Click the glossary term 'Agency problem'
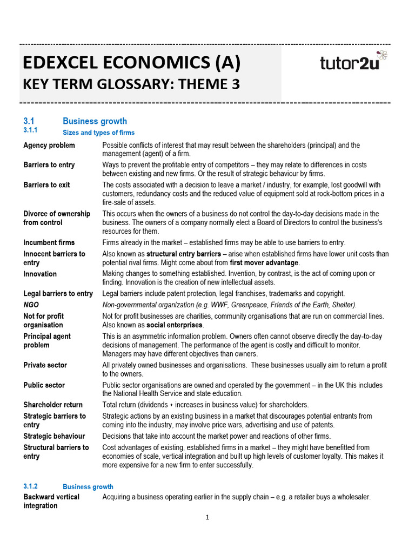click(x=49, y=146)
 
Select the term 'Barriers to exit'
click(x=46, y=185)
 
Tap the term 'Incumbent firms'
click(x=49, y=242)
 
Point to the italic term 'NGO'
click(x=31, y=305)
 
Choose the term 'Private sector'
click(x=45, y=365)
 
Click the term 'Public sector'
click(x=44, y=385)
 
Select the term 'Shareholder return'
click(x=53, y=405)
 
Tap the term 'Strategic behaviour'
click(x=54, y=436)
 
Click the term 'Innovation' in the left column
click(x=40, y=274)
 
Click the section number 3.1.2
click(x=31, y=486)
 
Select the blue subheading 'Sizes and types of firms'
click(x=99, y=133)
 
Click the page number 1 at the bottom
click(x=207, y=518)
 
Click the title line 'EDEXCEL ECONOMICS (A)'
click(x=131, y=63)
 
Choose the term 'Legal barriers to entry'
click(x=58, y=294)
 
